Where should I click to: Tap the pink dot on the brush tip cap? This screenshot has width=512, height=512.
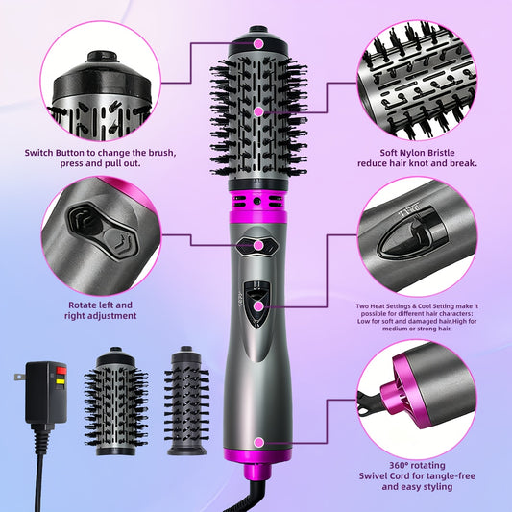tap(257, 43)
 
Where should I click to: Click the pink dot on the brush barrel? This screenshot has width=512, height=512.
tap(257, 111)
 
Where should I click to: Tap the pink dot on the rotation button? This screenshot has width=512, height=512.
tap(257, 245)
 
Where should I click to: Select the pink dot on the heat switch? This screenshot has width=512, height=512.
tap(257, 305)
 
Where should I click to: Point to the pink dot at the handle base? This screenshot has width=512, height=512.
tap(257, 442)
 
